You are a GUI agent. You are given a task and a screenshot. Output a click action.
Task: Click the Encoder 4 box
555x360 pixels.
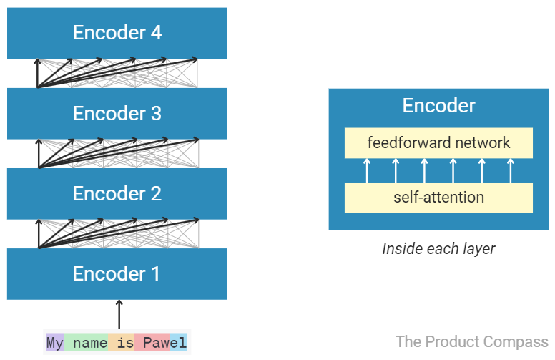point(117,33)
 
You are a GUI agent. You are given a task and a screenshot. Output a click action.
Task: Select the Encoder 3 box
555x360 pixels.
point(117,113)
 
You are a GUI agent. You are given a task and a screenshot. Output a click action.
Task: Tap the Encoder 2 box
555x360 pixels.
point(117,193)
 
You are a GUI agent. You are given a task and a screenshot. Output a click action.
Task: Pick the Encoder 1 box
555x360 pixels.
point(117,273)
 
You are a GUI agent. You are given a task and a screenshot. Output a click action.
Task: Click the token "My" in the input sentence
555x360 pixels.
point(55,343)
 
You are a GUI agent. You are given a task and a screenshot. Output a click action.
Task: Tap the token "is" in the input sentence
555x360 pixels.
point(125,343)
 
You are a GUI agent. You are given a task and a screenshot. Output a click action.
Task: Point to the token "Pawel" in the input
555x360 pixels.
point(160,343)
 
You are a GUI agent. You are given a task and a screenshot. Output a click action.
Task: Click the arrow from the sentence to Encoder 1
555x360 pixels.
point(119,315)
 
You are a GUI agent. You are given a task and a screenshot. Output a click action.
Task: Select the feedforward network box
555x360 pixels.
point(438,143)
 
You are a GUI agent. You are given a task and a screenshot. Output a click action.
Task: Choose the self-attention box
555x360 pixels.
point(438,198)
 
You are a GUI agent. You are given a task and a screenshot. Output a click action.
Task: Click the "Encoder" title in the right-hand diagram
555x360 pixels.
point(438,106)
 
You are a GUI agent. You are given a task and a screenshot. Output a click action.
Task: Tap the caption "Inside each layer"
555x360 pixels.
point(438,249)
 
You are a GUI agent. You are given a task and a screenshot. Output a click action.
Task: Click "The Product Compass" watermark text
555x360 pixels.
point(471,341)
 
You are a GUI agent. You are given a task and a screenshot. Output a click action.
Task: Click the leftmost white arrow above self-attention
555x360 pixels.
point(367,170)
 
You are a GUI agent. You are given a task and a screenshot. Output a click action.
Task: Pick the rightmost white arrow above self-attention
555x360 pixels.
point(510,170)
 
